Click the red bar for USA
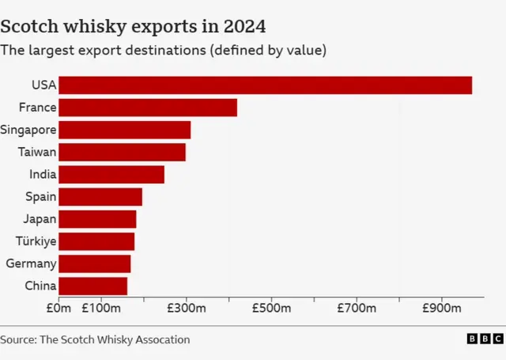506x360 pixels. [x=265, y=85]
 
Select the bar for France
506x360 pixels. [x=148, y=108]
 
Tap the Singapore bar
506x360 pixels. [x=124, y=130]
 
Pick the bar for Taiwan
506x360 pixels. [x=122, y=152]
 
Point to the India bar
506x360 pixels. [x=111, y=174]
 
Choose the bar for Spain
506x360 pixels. [x=100, y=197]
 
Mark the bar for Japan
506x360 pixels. [x=97, y=219]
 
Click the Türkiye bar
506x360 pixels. [x=96, y=241]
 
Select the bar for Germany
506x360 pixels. [x=95, y=263]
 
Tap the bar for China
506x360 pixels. [x=93, y=286]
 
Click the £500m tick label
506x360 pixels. [x=270, y=307]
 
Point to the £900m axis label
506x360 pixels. [x=441, y=307]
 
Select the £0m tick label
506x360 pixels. [x=59, y=307]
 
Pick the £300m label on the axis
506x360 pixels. [x=186, y=307]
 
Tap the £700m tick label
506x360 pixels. [x=356, y=307]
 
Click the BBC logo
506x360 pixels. [x=484, y=339]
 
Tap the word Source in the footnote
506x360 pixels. [x=17, y=339]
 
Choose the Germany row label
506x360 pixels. [x=31, y=263]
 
